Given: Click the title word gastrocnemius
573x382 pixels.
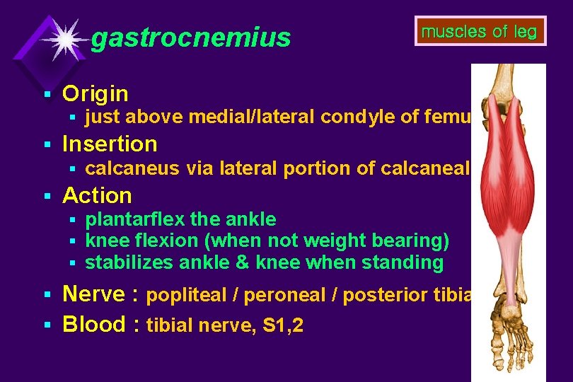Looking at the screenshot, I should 191,38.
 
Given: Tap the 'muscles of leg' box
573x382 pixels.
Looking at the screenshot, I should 480,31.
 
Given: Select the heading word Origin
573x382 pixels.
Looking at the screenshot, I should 95,93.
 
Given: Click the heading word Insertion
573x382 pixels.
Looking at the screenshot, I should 110,144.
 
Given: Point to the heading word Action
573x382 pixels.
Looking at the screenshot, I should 97,195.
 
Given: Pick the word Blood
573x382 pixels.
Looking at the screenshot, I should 94,324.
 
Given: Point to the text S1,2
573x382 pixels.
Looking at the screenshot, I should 284,326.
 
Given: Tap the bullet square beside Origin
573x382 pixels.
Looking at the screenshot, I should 47,94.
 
